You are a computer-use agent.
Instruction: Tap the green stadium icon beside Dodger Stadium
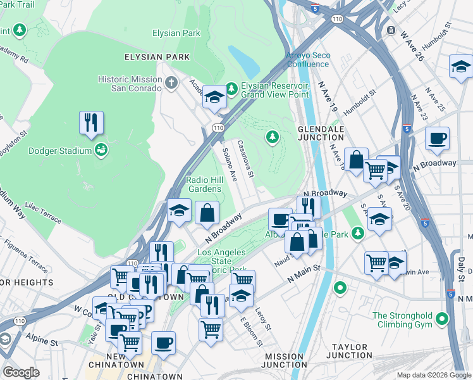pos(100,149)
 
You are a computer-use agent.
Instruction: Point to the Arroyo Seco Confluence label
pos(308,60)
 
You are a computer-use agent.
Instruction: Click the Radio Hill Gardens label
pos(204,184)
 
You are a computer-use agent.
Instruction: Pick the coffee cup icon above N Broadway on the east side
pos(436,139)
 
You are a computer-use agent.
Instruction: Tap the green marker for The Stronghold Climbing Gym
pos(442,319)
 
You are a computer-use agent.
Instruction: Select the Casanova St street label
pos(245,158)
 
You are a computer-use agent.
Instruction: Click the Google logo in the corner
pos(21,372)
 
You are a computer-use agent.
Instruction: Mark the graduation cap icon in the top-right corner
pos(460,66)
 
